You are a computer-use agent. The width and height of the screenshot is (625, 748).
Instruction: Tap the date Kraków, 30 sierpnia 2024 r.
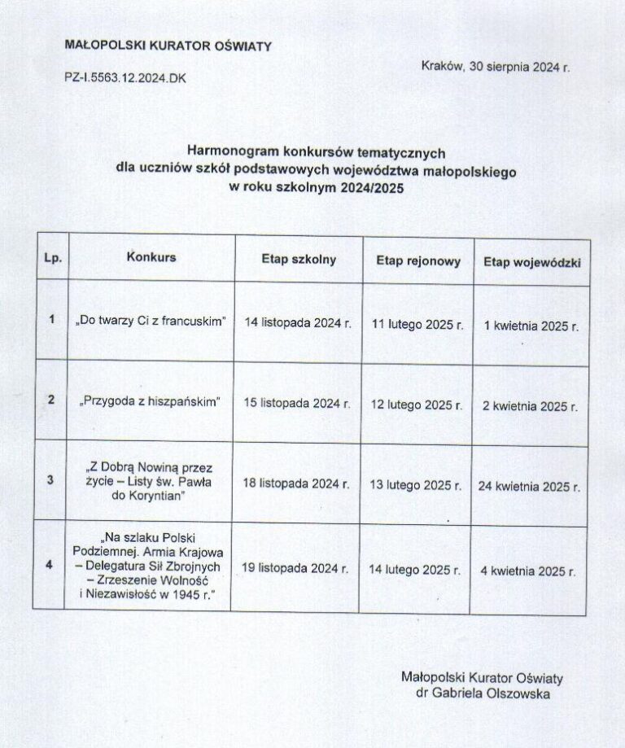[496, 68]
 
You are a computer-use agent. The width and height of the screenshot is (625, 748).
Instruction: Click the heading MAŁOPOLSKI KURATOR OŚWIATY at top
[168, 46]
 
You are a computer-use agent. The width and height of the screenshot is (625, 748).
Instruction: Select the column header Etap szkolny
[298, 260]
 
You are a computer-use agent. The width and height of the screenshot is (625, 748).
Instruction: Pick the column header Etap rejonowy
[418, 261]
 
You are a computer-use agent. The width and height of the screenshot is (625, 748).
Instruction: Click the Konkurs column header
[151, 257]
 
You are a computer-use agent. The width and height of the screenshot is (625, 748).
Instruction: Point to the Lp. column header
[51, 257]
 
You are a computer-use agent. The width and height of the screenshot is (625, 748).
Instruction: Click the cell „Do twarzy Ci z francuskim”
[152, 321]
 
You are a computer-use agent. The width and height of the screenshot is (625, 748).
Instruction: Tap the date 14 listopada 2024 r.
[298, 322]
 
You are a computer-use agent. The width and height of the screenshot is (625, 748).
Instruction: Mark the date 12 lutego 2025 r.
[417, 404]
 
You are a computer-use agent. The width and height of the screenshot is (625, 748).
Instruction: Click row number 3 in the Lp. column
[51, 480]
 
